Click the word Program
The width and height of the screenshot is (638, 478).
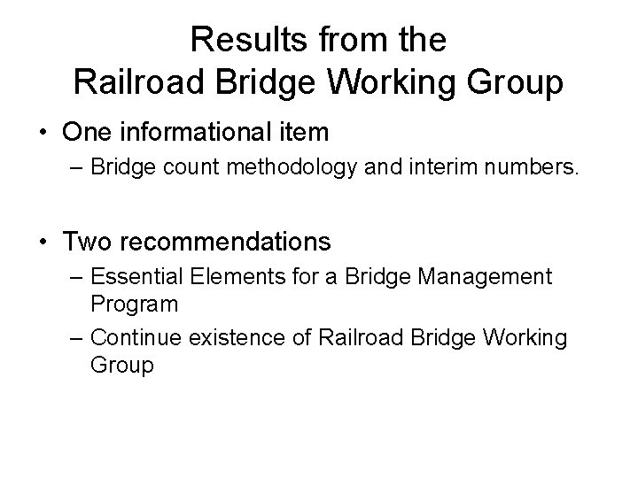pyautogui.click(x=134, y=305)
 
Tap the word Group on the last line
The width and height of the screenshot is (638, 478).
pyautogui.click(x=121, y=365)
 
